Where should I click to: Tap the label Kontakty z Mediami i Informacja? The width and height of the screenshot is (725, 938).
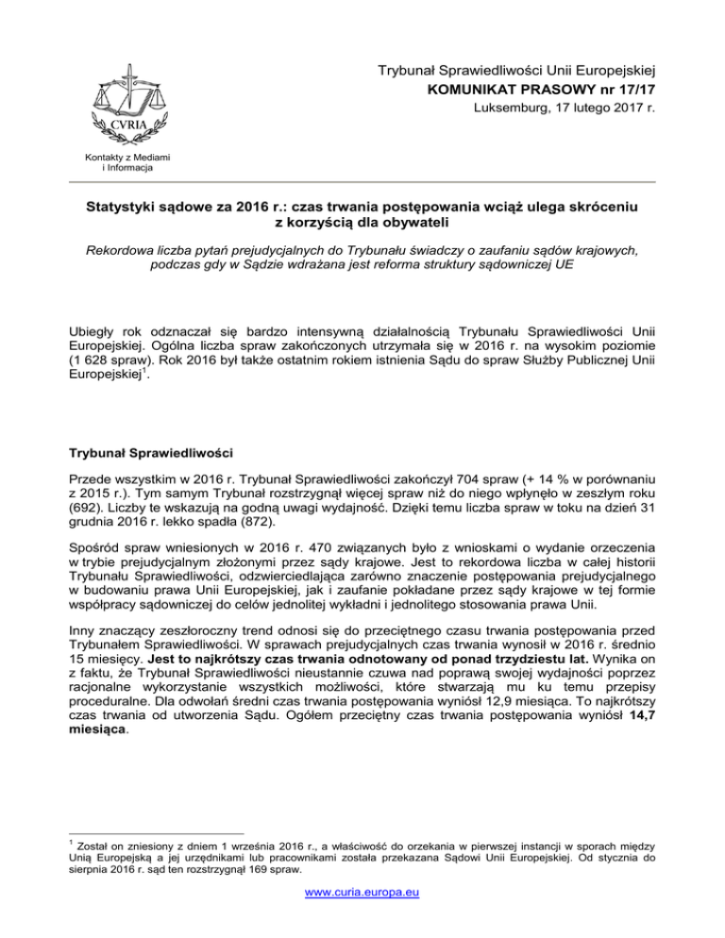tap(116, 163)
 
